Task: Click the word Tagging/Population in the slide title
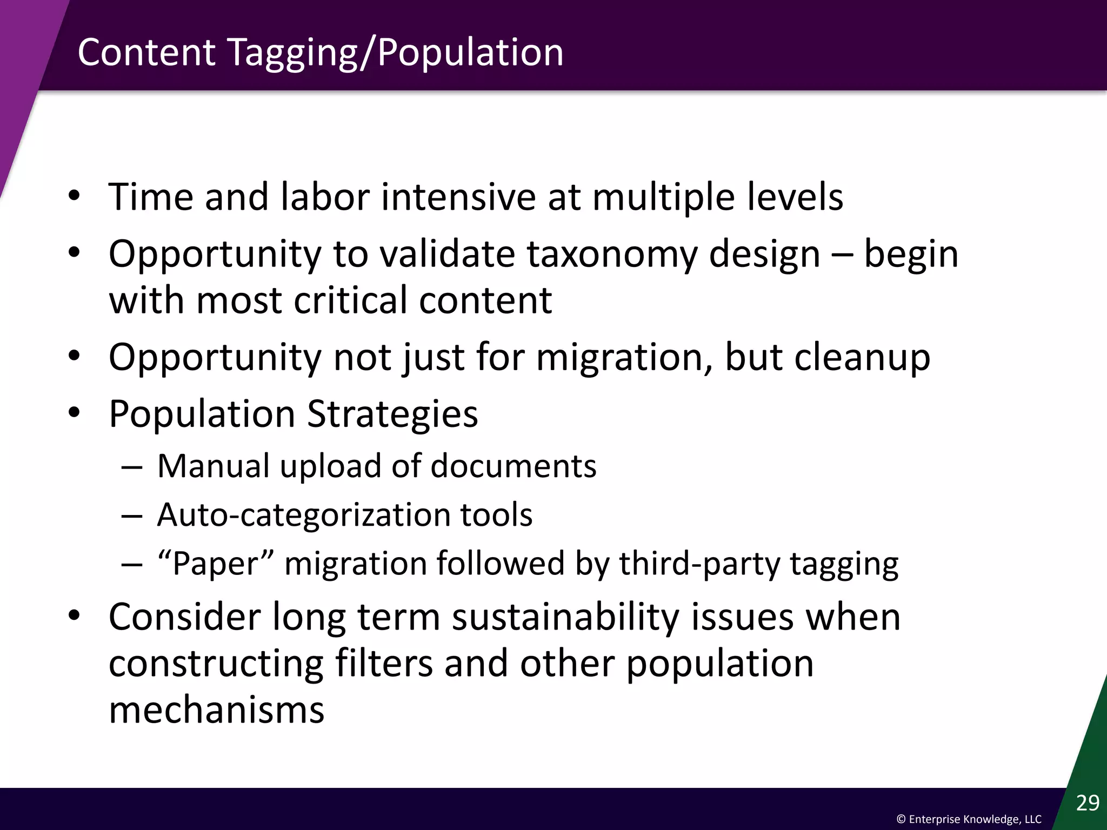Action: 396,53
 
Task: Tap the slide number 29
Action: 1088,803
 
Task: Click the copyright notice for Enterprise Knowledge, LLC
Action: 969,819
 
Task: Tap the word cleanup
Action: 862,357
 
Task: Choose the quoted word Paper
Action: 215,563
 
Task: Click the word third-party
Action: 699,563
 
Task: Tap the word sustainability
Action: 565,617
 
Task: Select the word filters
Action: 384,664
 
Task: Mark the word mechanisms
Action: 216,710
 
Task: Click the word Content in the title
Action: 146,53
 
